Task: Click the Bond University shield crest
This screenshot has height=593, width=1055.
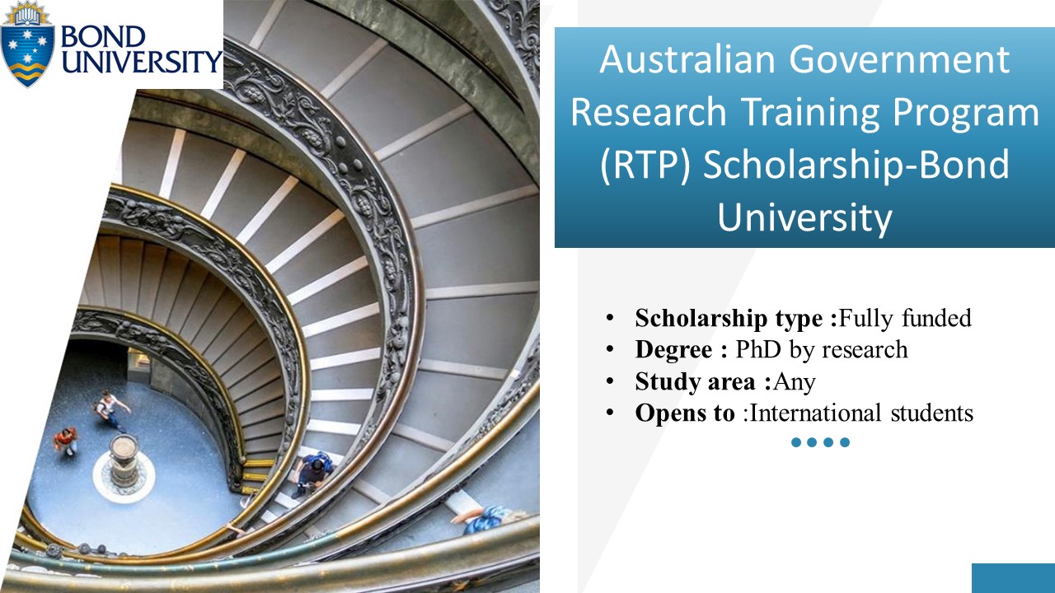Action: tap(28, 45)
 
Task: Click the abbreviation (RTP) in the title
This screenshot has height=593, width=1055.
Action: tap(644, 165)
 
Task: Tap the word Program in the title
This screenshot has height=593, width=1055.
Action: tap(973, 112)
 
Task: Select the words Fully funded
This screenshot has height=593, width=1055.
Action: tap(905, 318)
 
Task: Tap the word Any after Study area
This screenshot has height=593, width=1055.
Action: tap(795, 381)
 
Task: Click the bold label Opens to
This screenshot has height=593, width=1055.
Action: tap(684, 413)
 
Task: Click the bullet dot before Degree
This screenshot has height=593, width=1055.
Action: tap(609, 349)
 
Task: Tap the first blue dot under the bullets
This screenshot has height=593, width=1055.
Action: tap(796, 442)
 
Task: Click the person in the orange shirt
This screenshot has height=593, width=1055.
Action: tap(65, 440)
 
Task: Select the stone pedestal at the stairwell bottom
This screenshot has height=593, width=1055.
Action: tap(124, 461)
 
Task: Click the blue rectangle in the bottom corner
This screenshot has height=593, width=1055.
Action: tap(1013, 578)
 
